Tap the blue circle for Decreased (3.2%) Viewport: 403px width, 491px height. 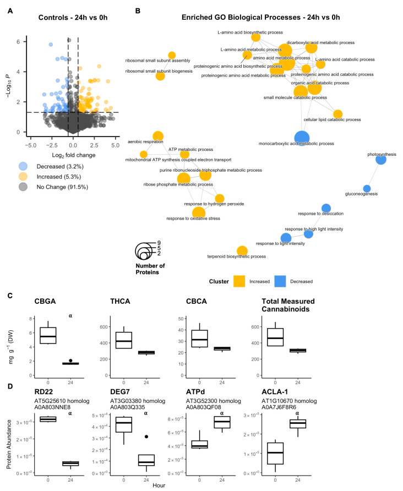tap(23, 166)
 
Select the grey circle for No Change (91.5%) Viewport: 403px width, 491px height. tap(23, 187)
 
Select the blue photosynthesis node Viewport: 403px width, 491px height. tap(381, 160)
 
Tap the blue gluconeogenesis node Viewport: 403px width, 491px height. tap(367, 189)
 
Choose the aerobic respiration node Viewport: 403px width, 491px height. tap(158, 136)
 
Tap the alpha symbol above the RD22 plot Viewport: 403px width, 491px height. tap(70, 412)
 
